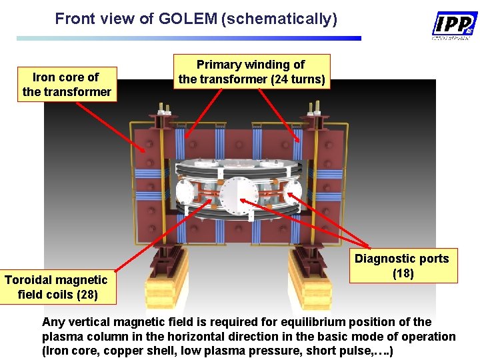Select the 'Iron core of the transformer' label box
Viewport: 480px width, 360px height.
click(x=67, y=85)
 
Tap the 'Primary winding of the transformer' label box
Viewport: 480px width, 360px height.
click(x=251, y=72)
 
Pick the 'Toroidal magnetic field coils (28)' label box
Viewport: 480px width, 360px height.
click(x=56, y=287)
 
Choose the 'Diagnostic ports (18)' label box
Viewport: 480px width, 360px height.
click(x=402, y=265)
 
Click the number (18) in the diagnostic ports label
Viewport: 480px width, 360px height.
click(x=402, y=273)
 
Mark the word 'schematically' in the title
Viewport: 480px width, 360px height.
click(x=279, y=19)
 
